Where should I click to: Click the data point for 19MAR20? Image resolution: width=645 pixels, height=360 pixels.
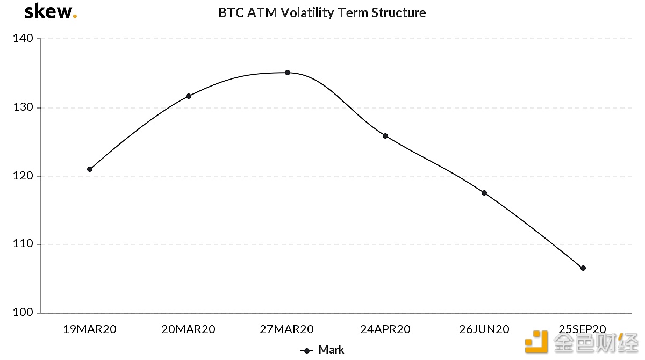(90, 169)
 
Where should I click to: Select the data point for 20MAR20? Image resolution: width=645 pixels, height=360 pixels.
(189, 96)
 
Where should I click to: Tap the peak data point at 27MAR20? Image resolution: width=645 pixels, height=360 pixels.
(288, 73)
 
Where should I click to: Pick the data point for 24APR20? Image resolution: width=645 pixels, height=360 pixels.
(385, 136)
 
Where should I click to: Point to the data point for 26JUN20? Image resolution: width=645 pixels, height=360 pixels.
(484, 193)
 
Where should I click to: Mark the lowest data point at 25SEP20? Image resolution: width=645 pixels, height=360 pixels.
(583, 268)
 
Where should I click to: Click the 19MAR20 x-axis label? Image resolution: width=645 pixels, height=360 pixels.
(90, 329)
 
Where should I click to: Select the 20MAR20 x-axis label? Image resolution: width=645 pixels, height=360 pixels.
(188, 329)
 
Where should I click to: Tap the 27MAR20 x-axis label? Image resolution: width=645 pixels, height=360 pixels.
(287, 329)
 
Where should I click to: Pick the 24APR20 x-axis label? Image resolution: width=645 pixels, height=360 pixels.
(385, 329)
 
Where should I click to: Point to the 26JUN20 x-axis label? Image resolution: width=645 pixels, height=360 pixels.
(484, 329)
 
